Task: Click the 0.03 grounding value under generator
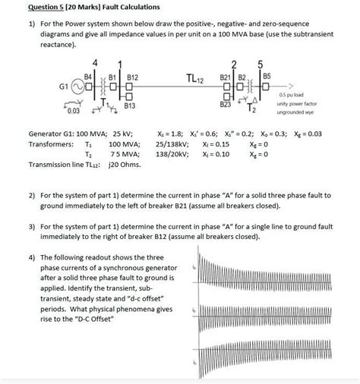pyautogui.click(x=73, y=112)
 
